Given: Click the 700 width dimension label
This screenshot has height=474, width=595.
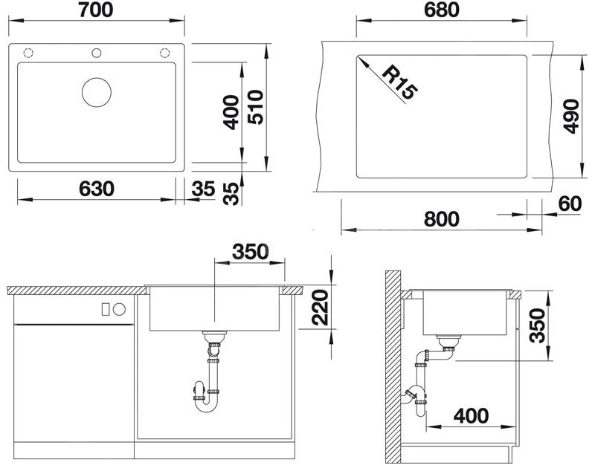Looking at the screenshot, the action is tap(96, 10).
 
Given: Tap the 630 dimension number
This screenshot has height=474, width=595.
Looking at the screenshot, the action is tap(97, 189).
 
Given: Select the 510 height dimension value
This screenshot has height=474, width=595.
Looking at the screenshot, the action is tap(255, 107).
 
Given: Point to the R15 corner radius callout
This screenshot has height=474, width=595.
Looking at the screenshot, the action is tap(399, 82).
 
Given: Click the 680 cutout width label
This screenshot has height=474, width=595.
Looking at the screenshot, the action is tap(442, 10).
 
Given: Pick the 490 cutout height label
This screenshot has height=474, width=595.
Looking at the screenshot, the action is tap(570, 117).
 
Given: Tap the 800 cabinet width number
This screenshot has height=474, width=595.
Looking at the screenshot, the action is tap(442, 219).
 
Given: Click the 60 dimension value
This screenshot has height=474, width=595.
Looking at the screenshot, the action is tap(570, 204).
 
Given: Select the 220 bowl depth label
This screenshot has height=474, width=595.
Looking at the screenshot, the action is tap(320, 307).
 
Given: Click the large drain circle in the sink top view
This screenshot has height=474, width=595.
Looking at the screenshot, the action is tap(97, 92).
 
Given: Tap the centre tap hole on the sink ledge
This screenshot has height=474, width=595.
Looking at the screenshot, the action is tap(97, 53).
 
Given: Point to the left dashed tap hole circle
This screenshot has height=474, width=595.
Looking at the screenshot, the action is tap(28, 53).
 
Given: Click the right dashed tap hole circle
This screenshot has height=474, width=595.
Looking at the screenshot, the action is tap(164, 53).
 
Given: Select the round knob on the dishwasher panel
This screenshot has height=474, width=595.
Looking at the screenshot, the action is tap(119, 309).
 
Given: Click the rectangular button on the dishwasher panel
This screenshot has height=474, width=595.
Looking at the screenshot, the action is tap(106, 309).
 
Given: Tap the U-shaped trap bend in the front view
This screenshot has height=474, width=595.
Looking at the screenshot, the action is tap(207, 409).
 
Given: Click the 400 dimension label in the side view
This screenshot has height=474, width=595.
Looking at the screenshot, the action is tap(471, 416).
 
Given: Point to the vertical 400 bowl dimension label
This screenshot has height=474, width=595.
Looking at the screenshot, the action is tap(231, 112).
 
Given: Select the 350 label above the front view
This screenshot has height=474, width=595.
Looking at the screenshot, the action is tap(251, 251).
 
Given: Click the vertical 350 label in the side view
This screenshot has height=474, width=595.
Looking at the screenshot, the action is tap(537, 325).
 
